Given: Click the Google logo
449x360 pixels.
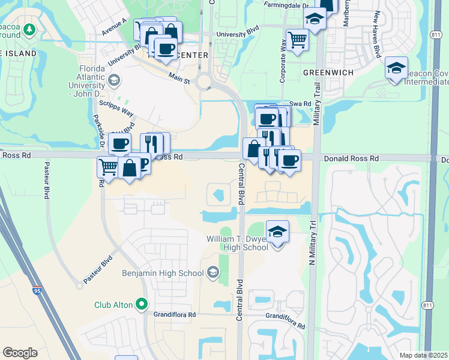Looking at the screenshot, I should (x=20, y=353).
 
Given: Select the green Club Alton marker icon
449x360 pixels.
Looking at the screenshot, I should (x=142, y=304).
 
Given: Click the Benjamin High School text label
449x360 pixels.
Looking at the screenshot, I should (x=163, y=274).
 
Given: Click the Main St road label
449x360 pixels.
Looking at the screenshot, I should (x=179, y=78).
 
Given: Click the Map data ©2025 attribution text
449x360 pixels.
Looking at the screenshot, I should (x=424, y=355).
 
